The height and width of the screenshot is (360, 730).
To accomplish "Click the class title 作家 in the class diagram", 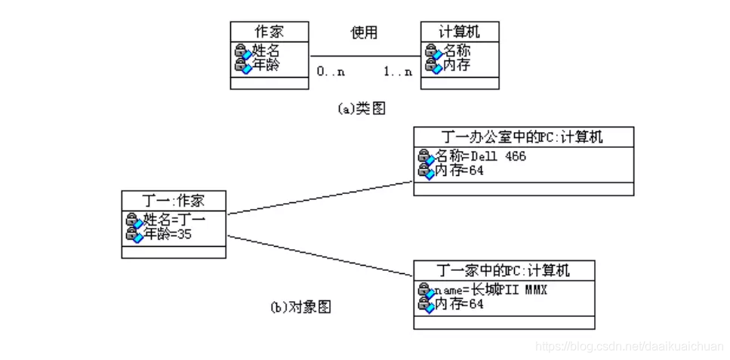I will click(x=270, y=32).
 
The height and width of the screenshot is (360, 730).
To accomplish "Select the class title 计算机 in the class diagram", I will click(x=459, y=32).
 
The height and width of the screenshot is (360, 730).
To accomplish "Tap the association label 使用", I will click(x=364, y=32).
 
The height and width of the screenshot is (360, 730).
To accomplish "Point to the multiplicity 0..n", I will click(x=331, y=72).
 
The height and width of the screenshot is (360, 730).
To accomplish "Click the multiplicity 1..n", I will click(x=398, y=72).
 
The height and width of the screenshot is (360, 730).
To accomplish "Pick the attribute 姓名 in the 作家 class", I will click(x=265, y=51).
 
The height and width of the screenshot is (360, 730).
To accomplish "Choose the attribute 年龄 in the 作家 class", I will click(x=265, y=65).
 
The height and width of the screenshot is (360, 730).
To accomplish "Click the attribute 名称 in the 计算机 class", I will click(x=456, y=51).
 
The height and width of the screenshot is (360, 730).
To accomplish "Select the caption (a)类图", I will click(x=361, y=109).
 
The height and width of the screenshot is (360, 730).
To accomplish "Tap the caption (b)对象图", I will click(x=300, y=307).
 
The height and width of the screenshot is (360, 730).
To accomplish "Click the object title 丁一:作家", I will click(x=174, y=201).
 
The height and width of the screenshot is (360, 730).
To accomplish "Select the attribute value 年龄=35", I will click(x=168, y=234).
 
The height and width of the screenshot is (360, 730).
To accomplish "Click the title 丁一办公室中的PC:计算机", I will click(x=523, y=137).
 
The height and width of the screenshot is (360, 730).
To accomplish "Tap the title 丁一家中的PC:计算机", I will click(x=504, y=270).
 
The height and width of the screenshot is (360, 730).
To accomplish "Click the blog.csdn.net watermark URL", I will click(x=628, y=345).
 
